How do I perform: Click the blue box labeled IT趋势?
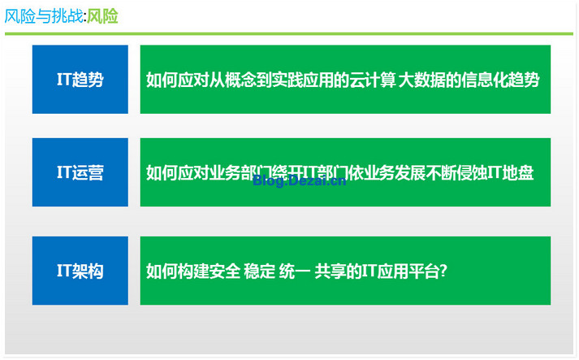coord(80,79)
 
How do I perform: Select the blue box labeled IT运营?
coord(80,172)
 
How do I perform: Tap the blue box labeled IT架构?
coord(80,271)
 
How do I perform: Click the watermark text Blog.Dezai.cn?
coord(300,180)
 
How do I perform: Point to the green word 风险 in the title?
coord(102,16)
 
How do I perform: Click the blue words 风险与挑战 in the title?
coord(44,16)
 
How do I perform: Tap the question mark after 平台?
coord(443,271)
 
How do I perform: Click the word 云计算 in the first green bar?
coord(373,80)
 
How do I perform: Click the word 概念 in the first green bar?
coord(240,80)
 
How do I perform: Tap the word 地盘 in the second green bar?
coord(518,172)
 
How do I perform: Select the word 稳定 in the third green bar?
coord(260,271)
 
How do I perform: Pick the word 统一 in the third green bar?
coord(295,271)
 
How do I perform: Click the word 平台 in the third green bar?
coord(424,271)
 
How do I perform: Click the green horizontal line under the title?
coord(289,34)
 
